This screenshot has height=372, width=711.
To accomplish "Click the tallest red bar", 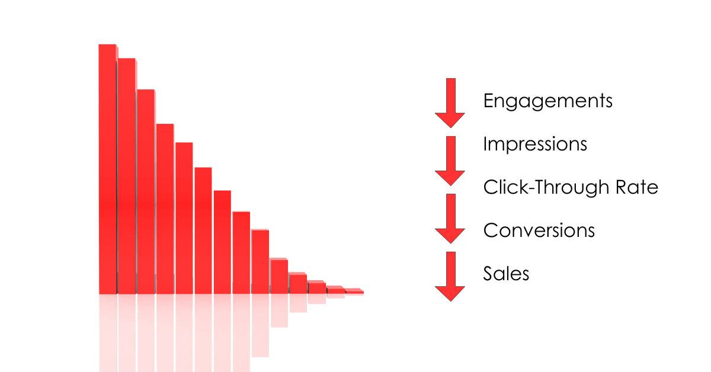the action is (x=108, y=169).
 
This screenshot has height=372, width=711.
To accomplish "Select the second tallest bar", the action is (x=127, y=176).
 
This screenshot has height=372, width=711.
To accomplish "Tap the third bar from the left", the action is (x=146, y=192).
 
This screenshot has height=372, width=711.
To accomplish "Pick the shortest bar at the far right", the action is (x=354, y=291).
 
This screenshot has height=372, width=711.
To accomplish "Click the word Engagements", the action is (x=548, y=101).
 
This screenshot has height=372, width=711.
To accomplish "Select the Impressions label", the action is (x=535, y=145).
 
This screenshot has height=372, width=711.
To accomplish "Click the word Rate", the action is (x=637, y=187).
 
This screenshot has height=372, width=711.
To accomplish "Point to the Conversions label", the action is (x=539, y=230).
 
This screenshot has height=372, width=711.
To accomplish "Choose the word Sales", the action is (x=506, y=273).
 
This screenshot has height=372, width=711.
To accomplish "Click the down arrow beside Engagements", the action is (x=450, y=103).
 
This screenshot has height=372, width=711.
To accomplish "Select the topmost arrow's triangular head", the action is (x=450, y=120).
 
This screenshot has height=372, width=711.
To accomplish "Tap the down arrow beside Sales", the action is (x=450, y=277).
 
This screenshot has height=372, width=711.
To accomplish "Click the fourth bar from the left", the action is (x=165, y=209).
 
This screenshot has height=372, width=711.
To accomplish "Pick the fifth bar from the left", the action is (x=184, y=219).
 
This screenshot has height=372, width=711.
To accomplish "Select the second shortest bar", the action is (x=335, y=290).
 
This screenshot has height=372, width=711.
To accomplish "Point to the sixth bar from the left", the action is (x=203, y=231).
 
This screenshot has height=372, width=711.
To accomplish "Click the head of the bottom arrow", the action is (x=450, y=293).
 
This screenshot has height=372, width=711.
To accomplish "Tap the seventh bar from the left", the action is (x=222, y=242).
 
